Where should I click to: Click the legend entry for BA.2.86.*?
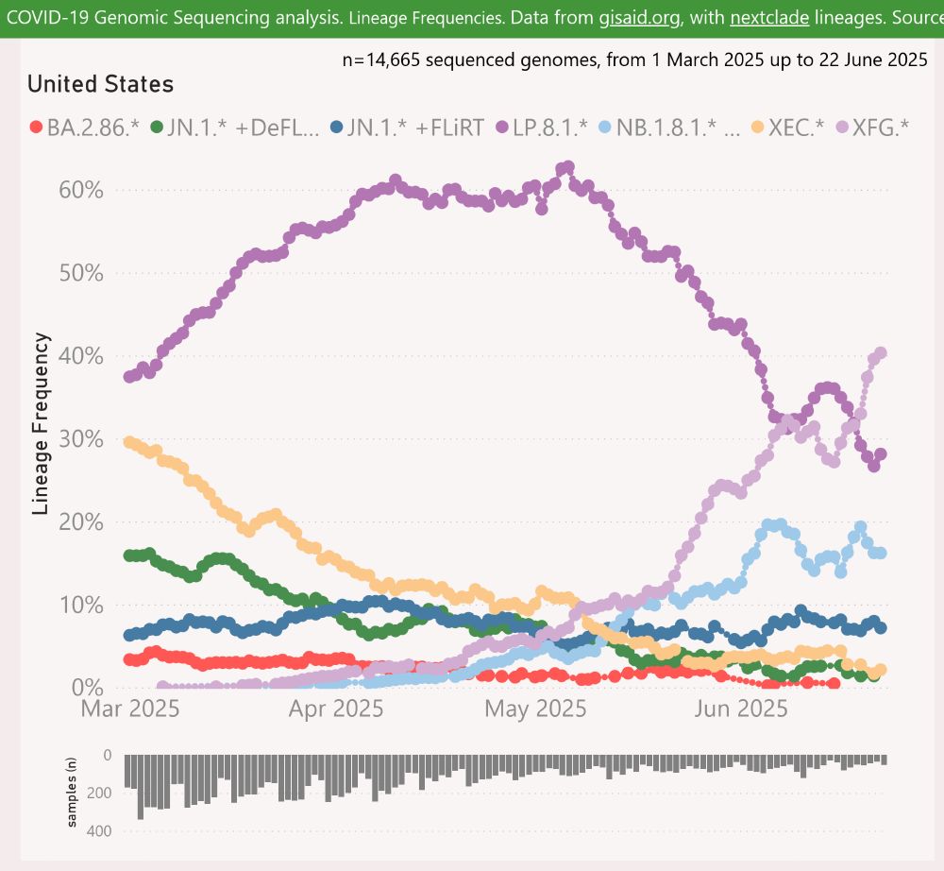[84, 128]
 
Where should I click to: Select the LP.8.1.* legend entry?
[541, 128]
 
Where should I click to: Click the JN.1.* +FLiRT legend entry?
[404, 128]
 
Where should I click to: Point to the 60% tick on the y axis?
[80, 191]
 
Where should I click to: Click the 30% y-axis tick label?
[80, 439]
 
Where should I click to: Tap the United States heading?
[100, 84]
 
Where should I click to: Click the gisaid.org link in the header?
[639, 18]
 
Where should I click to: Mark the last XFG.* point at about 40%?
[881, 353]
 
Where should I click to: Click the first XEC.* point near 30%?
[130, 442]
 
